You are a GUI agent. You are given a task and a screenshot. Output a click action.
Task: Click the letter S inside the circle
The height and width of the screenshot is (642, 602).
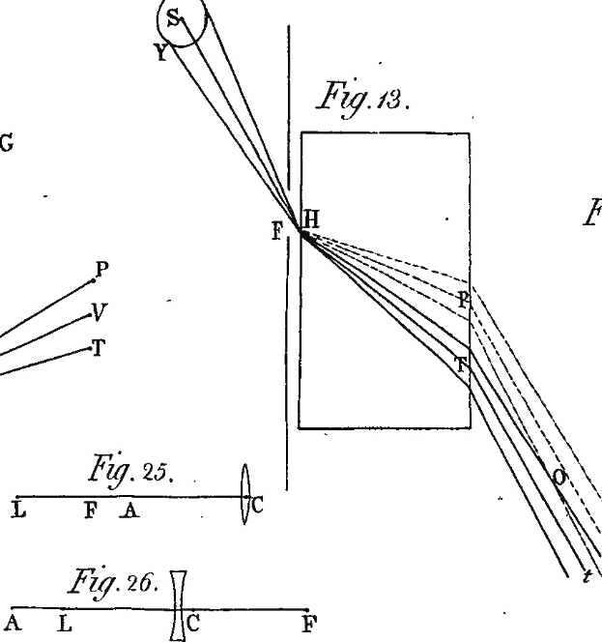point(174,18)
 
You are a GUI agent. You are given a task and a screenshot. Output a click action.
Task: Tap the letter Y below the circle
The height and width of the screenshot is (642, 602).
point(162,52)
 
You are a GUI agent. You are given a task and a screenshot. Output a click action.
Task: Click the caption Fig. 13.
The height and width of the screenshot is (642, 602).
point(362,99)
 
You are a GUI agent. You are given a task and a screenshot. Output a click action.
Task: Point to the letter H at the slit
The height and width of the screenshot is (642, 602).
point(311,219)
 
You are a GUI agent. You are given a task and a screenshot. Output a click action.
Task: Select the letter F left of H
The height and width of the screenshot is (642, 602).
point(277,231)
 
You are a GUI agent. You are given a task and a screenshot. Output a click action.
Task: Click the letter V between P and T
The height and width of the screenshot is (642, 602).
point(100,312)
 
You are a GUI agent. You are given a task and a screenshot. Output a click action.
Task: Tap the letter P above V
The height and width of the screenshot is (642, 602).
point(101,270)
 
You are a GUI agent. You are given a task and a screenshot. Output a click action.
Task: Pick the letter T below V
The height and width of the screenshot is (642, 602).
point(98,348)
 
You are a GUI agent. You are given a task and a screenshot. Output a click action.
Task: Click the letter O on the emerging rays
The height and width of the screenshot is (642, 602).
point(559,478)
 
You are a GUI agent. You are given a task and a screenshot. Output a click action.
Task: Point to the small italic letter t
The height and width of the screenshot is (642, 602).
point(588,576)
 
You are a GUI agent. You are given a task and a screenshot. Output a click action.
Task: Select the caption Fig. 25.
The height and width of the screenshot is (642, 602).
point(131,471)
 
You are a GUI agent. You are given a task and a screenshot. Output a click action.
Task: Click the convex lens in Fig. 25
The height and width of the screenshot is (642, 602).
point(244,494)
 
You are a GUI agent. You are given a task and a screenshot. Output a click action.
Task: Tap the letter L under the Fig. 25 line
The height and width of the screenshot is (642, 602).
point(18,510)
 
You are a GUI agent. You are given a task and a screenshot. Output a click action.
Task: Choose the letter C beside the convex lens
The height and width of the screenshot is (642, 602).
point(257,506)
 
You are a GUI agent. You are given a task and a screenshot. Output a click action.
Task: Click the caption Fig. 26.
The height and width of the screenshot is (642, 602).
point(113,582)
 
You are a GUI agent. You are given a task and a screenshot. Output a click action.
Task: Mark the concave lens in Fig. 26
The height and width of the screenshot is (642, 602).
point(179,605)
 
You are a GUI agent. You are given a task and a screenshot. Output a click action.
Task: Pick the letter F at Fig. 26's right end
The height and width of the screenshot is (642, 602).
point(310,624)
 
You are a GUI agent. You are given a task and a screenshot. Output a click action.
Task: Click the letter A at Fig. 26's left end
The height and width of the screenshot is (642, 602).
point(13,623)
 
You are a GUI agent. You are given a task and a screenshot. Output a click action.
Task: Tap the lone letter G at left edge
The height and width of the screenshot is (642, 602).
point(6,144)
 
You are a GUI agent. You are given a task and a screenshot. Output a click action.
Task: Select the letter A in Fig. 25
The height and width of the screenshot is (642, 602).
point(129,511)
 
